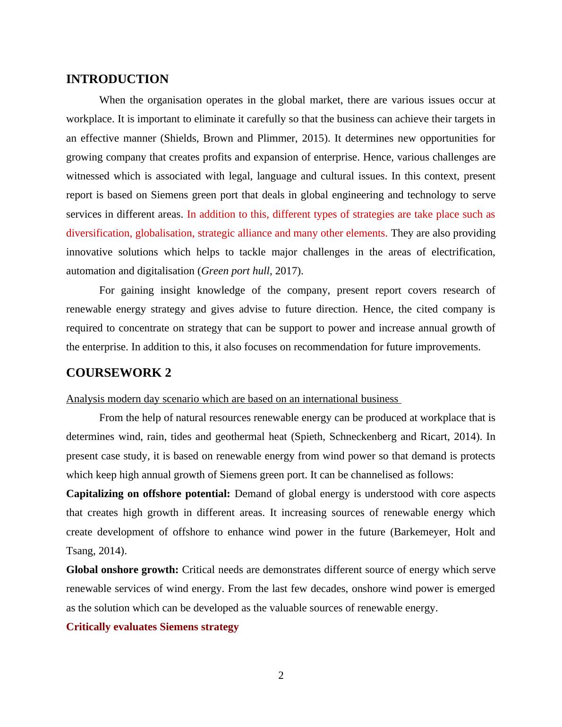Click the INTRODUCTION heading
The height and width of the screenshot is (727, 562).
click(117, 79)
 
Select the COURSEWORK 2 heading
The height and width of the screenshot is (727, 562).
click(119, 373)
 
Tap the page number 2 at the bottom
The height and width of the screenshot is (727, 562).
click(281, 676)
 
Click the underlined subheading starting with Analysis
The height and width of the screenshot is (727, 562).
click(233, 399)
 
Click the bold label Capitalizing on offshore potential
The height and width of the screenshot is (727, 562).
click(148, 494)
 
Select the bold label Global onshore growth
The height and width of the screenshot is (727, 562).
click(122, 570)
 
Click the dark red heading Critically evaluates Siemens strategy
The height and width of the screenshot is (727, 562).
click(152, 627)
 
